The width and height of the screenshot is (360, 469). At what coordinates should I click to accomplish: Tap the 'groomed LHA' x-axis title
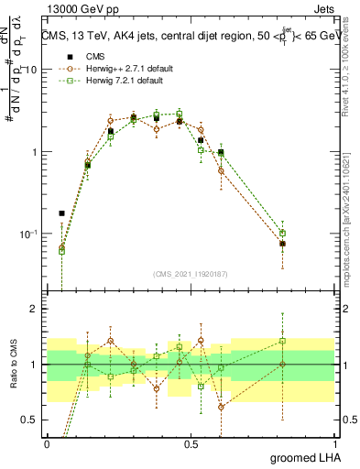pos(300,457)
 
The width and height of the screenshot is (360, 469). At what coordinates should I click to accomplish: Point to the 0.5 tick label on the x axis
pos(191,442)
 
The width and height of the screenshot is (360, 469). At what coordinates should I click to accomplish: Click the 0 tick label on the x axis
pos(47,442)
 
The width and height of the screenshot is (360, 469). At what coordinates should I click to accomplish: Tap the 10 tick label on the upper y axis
pos(31,71)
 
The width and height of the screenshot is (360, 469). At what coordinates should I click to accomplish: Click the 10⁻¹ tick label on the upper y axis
pos(29,234)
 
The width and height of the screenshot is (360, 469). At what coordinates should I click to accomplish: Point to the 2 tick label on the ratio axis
pos(35,309)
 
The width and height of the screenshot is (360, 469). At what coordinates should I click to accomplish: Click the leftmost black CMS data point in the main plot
pos(61,213)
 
